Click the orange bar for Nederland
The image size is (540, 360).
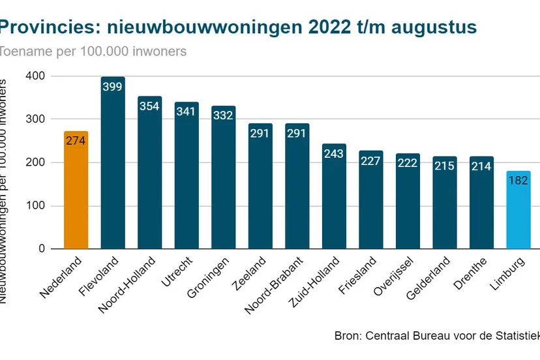coord(76,196)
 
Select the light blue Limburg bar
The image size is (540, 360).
coord(518,215)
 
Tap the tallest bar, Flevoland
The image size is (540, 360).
coord(113,170)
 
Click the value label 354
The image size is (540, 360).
coord(149,106)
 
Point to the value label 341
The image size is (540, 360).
coord(187,112)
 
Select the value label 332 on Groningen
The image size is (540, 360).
coord(223,115)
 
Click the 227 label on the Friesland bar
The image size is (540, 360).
coord(370,160)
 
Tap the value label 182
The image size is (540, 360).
coord(518,180)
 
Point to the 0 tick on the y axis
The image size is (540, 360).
coord(42,249)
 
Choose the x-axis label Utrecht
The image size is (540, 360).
coord(176,274)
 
